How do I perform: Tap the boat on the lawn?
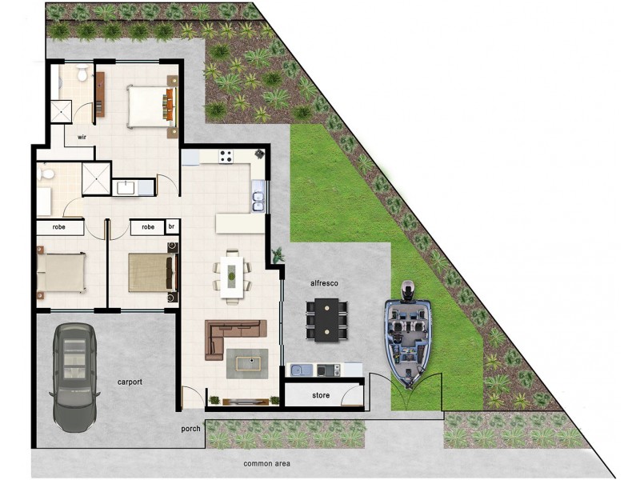(408, 336)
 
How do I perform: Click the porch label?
(191, 428)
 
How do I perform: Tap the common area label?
(267, 464)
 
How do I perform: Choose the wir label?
(82, 138)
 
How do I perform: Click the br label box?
(171, 227)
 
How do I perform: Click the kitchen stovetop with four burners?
(226, 156)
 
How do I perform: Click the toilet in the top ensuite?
(82, 74)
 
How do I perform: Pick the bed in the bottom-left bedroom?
(62, 273)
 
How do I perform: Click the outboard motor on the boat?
(407, 287)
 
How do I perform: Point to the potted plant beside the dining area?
(277, 256)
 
